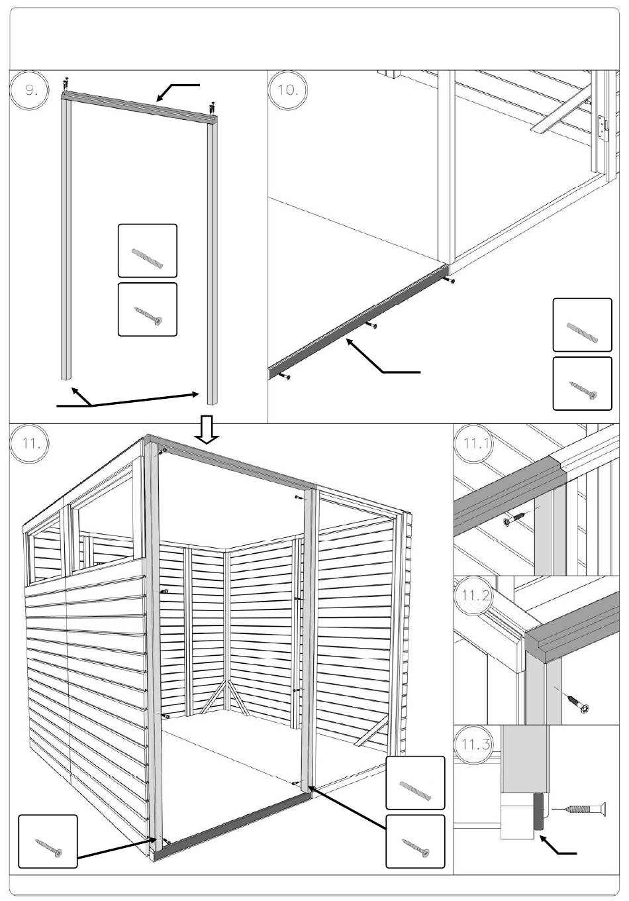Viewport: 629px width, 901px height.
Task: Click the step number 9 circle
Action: pyautogui.click(x=29, y=89)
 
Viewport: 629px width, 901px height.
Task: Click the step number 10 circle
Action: pyautogui.click(x=288, y=89)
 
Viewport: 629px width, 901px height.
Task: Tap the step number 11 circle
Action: pyautogui.click(x=29, y=443)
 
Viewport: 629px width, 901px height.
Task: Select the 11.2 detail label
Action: pyautogui.click(x=475, y=595)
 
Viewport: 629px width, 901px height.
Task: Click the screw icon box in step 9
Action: pyautogui.click(x=148, y=309)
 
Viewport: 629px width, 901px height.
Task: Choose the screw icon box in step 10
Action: pyautogui.click(x=583, y=384)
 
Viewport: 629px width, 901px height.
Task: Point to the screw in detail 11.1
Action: pyautogui.click(x=515, y=519)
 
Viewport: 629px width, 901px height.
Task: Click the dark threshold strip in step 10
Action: pyautogui.click(x=358, y=321)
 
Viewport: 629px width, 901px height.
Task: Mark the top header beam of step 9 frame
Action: pyautogui.click(x=140, y=106)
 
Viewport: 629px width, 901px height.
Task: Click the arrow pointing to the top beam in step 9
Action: pyautogui.click(x=177, y=92)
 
